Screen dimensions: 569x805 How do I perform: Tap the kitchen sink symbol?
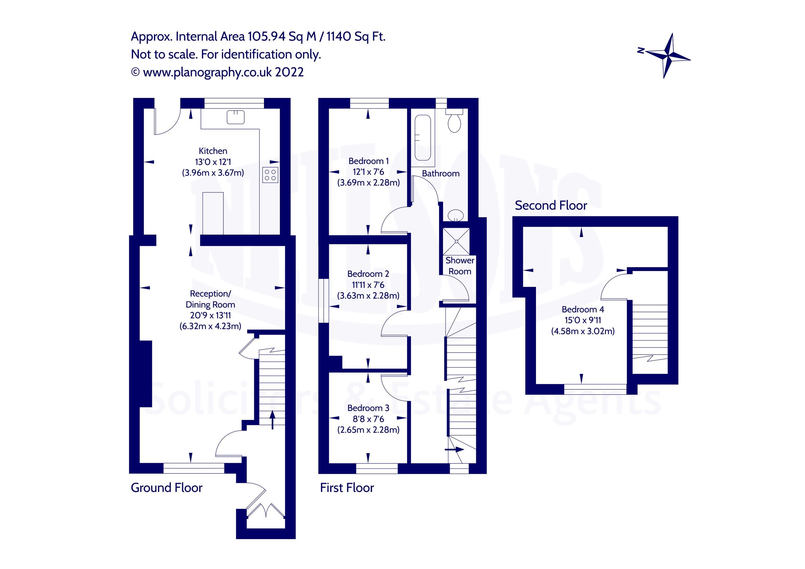[235, 117]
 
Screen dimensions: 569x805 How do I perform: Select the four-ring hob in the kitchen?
[270, 175]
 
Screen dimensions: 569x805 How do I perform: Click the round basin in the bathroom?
[455, 215]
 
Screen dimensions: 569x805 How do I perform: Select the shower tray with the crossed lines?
[456, 241]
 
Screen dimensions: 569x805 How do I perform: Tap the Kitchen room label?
[213, 151]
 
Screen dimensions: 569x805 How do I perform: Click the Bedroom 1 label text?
[368, 161]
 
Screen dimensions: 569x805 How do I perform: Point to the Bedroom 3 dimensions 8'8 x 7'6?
[368, 419]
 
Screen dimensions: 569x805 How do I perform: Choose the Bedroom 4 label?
[582, 309]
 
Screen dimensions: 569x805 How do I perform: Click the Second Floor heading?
[550, 205]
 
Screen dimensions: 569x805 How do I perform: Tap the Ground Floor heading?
[167, 487]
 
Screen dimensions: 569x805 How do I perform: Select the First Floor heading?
[347, 487]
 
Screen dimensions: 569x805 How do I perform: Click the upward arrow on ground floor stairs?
[272, 420]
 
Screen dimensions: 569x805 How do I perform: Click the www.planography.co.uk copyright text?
[217, 72]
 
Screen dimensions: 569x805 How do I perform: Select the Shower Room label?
[460, 266]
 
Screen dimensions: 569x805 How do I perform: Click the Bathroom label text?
[440, 174]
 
